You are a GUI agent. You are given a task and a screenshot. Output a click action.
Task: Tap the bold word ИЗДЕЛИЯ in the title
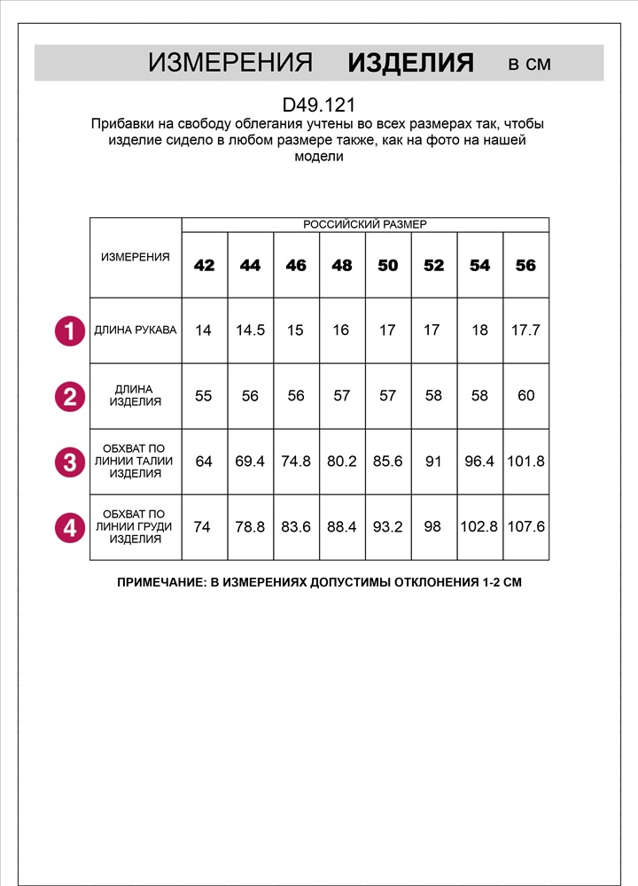coord(410,63)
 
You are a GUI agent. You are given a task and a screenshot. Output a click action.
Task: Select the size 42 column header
coord(204,265)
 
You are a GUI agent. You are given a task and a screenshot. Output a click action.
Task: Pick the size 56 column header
coord(526,265)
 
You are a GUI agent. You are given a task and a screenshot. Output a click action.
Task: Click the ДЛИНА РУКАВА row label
coord(136,330)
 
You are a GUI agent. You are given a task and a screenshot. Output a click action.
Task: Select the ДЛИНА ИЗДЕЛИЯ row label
coord(136,395)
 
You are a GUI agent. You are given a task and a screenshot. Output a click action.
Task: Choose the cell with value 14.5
coord(250,330)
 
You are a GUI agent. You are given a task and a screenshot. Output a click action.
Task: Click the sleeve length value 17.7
coord(526,330)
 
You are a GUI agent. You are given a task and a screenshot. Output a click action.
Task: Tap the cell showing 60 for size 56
coord(526,396)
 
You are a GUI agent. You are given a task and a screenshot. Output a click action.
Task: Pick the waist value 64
coord(204,462)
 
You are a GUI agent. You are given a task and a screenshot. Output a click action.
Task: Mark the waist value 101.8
coord(526,462)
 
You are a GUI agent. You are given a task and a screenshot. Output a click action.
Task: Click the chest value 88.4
coord(342,527)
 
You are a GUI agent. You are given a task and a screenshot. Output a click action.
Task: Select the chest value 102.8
coord(479,527)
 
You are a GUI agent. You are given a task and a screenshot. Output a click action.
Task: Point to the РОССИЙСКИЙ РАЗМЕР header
coord(365,225)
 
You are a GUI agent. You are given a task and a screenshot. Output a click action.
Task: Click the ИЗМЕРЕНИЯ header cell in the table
coord(136,257)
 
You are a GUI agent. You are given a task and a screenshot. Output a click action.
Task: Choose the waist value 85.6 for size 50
coord(388,462)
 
